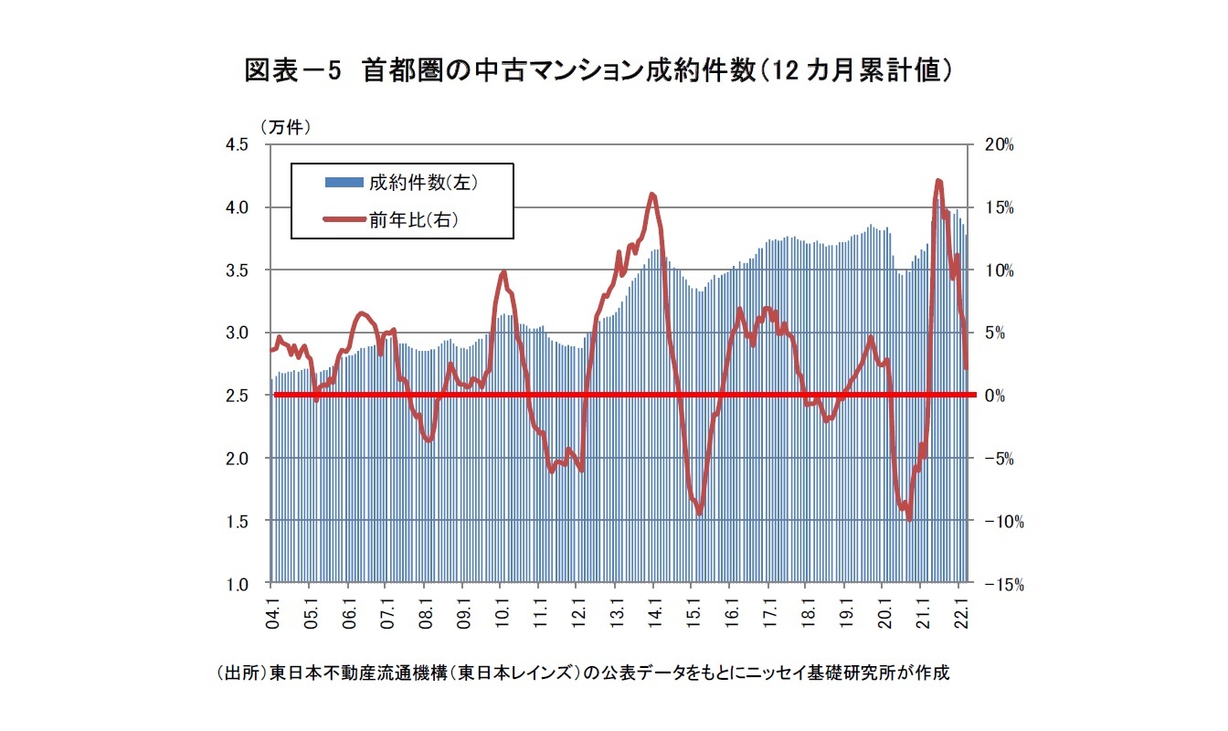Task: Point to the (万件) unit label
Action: click(286, 127)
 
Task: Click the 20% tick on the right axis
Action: click(1000, 144)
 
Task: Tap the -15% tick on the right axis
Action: click(1002, 584)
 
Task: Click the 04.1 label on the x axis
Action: click(272, 607)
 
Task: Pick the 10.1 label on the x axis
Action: click(501, 607)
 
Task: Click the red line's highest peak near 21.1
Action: click(938, 181)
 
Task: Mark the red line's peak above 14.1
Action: click(651, 194)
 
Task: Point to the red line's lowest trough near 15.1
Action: click(699, 514)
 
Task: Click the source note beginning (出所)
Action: click(583, 673)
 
